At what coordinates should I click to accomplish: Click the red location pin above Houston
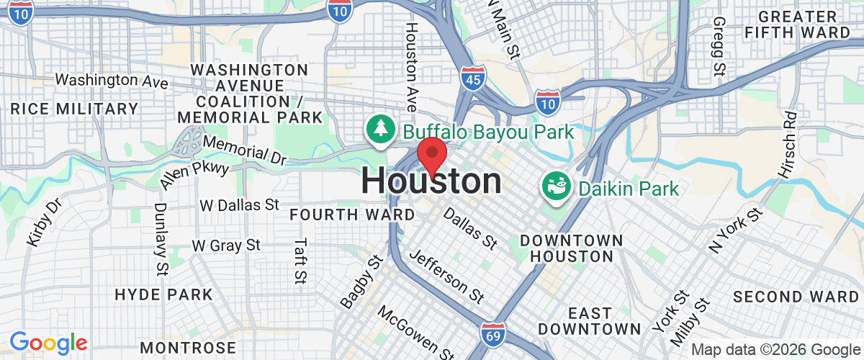click(432, 153)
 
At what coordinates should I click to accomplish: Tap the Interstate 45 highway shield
click(473, 76)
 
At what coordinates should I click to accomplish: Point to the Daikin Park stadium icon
click(556, 188)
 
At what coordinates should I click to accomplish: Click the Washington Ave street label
click(112, 81)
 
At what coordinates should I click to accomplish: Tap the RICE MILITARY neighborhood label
click(75, 109)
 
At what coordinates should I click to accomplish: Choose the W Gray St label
click(226, 246)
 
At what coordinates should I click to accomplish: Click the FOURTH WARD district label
click(352, 215)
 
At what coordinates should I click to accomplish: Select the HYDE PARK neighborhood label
click(164, 294)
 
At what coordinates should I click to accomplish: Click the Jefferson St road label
click(446, 276)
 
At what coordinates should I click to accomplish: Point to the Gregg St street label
click(719, 48)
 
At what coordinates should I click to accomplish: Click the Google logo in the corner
click(48, 343)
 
